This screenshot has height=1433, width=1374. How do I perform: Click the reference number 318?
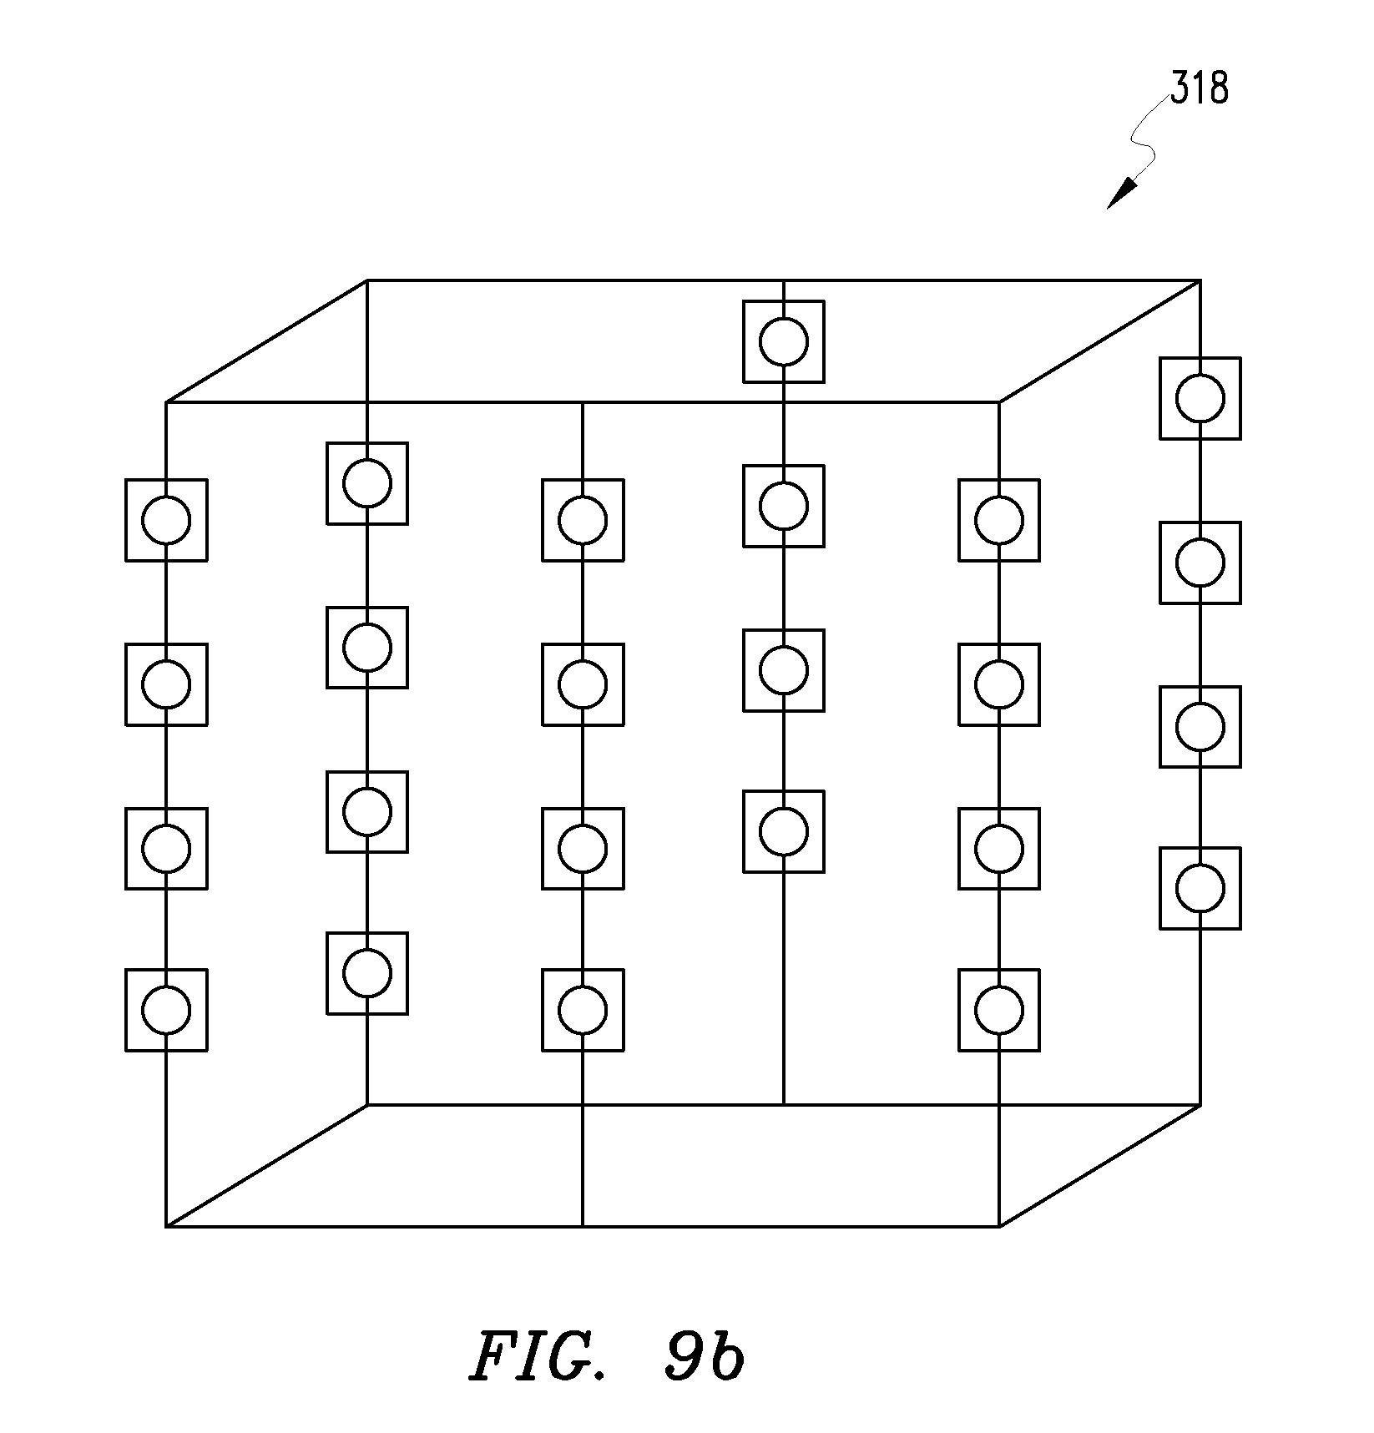1199,88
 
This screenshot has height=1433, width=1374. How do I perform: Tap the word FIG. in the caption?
548,1358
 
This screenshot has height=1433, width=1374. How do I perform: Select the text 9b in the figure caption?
704,1358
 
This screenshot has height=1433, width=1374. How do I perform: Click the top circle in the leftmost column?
166,520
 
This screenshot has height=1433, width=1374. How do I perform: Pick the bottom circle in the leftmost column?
166,1010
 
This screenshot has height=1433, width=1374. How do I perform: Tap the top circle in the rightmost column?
1200,398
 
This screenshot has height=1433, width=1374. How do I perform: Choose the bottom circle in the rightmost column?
1200,888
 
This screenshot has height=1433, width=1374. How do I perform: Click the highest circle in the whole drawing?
784,341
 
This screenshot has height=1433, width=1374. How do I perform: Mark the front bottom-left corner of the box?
166,1226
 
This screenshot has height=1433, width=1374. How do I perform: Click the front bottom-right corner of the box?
999,1226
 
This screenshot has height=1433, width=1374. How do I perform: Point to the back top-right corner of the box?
1200,280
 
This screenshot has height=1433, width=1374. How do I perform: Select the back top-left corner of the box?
367,280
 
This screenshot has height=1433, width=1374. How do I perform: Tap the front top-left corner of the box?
166,402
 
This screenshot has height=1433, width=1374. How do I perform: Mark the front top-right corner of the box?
999,402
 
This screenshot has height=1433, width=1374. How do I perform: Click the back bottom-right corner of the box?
1200,1104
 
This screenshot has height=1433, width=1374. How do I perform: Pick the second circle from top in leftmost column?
166,684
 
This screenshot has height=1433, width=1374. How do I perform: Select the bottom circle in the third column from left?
583,1010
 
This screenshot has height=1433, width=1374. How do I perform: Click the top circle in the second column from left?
367,483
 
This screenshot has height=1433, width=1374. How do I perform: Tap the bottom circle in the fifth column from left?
999,1010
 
